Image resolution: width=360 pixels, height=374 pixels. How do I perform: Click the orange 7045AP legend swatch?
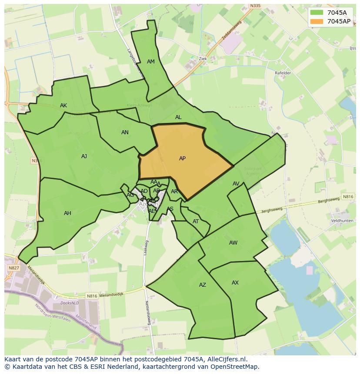coord(317,21)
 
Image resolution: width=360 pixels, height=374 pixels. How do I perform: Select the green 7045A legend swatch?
coord(317,13)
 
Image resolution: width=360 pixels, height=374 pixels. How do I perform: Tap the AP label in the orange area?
coord(182,159)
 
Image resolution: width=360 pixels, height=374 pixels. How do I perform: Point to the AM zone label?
coord(151,62)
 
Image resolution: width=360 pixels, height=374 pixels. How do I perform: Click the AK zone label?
coord(63,106)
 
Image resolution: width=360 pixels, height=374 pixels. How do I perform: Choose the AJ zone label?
coord(84,156)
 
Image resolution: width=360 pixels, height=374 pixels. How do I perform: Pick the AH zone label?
coord(67,213)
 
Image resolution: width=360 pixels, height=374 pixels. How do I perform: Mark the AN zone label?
coord(125,132)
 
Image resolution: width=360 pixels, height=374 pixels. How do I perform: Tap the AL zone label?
coord(178,117)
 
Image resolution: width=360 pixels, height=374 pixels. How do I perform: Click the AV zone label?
coord(236,184)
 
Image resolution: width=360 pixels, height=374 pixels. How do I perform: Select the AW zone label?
coord(233,243)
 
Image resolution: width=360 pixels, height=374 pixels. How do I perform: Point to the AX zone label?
coord(235,283)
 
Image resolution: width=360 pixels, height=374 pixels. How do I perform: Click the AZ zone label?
coord(202,285)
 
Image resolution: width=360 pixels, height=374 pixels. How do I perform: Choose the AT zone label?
coord(196,222)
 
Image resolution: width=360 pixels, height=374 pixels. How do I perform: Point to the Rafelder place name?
coord(283,73)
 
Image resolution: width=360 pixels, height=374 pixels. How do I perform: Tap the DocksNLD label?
coord(69,303)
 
